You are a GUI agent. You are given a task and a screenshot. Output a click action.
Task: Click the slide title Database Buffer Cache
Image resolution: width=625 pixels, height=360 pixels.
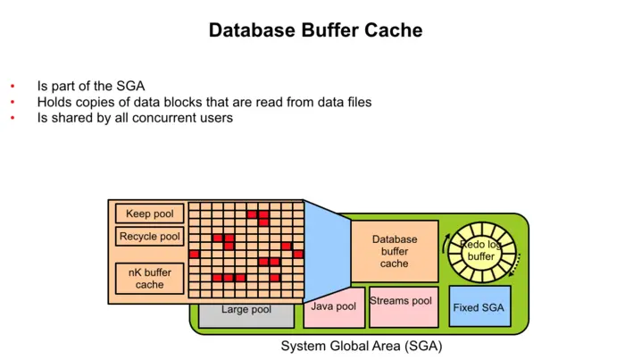(315, 30)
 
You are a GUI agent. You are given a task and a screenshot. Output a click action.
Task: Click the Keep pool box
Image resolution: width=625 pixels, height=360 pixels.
(150, 214)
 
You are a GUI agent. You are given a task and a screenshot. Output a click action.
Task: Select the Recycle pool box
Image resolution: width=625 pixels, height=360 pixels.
(150, 237)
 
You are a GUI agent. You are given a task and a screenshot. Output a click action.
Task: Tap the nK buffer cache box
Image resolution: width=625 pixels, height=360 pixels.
(150, 278)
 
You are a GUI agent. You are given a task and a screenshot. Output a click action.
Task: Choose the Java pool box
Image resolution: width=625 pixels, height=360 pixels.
(334, 307)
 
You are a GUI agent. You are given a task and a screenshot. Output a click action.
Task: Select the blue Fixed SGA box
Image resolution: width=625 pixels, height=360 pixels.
(479, 306)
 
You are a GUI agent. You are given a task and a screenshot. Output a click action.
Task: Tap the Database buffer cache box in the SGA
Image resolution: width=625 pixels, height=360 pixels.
(394, 251)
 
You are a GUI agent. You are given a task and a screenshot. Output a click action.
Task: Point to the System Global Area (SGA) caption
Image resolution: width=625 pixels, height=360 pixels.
(362, 346)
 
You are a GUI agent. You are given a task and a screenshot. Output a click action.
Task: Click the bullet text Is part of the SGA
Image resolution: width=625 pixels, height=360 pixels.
(90, 87)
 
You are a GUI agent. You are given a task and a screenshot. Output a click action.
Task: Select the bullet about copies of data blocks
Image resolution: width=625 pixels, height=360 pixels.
(204, 102)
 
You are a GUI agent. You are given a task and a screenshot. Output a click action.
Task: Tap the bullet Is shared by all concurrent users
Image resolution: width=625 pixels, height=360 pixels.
(135, 117)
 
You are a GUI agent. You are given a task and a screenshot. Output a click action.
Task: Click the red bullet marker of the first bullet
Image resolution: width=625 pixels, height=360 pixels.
(12, 87)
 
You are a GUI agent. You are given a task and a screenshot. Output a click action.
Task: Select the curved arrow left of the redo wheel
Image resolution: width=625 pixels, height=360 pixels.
(444, 240)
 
